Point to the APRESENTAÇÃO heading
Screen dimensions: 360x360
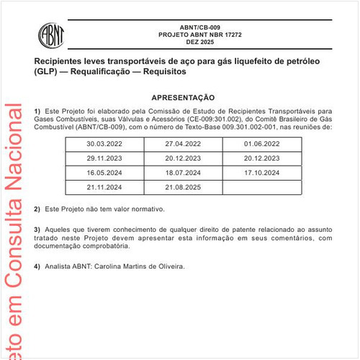coord(183,96)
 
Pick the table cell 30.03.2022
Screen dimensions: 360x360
coord(105,144)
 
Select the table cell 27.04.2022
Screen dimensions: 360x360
coord(183,144)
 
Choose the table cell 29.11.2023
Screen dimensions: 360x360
coord(105,158)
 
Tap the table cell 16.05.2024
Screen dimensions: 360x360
coord(105,173)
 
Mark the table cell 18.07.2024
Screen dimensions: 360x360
coord(183,173)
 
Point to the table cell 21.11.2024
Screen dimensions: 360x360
coord(105,187)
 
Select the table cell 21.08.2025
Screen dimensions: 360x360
coord(183,187)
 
